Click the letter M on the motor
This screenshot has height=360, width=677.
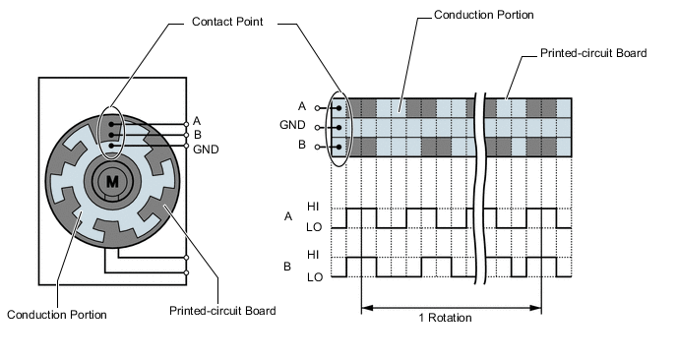(112, 181)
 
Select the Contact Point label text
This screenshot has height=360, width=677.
(227, 22)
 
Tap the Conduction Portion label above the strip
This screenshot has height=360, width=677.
(483, 15)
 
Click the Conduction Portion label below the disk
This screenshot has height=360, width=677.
(56, 314)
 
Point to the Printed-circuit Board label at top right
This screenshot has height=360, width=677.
(593, 53)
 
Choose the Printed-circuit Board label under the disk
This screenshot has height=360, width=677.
(222, 311)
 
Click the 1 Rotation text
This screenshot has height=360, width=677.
(445, 318)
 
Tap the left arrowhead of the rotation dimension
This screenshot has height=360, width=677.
(366, 308)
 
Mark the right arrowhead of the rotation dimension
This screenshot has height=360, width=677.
(536, 308)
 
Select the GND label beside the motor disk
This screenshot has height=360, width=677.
(206, 150)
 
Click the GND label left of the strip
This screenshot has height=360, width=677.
(292, 125)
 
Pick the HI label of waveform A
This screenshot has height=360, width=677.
(313, 207)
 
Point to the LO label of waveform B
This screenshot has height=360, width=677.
(315, 277)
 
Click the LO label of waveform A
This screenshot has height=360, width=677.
(314, 227)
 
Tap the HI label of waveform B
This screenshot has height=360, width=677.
(313, 255)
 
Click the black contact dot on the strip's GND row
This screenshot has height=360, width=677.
(338, 127)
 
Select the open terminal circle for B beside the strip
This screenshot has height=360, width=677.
(318, 147)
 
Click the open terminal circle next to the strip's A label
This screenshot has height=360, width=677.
(318, 108)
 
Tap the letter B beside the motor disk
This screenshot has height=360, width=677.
(198, 135)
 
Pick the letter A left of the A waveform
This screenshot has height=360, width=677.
(288, 216)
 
